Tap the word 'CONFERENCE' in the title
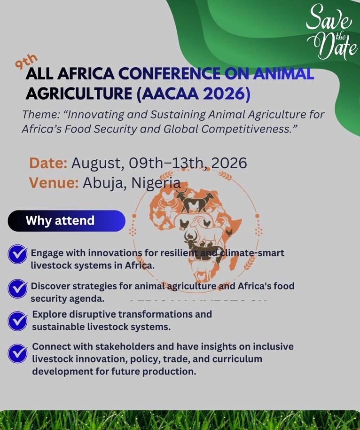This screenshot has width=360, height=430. pyautogui.click(x=170, y=74)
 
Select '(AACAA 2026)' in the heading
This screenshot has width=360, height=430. pyautogui.click(x=193, y=94)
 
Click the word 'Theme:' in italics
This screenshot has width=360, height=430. pyautogui.click(x=40, y=114)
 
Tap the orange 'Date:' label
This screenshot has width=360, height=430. pyautogui.click(x=48, y=163)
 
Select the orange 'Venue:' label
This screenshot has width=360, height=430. pyautogui.click(x=54, y=183)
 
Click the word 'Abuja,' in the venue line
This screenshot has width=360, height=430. pyautogui.click(x=105, y=183)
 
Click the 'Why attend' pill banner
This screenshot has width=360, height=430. pyautogui.click(x=66, y=221)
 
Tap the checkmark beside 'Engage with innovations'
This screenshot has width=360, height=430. pyautogui.click(x=17, y=254)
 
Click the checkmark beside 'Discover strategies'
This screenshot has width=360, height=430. pyautogui.click(x=17, y=289)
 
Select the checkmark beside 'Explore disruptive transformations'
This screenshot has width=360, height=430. pyautogui.click(x=17, y=321)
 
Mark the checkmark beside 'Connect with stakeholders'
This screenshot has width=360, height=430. pyautogui.click(x=17, y=353)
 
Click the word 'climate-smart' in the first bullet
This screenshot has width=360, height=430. pyautogui.click(x=252, y=253)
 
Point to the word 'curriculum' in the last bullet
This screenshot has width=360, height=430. pyautogui.click(x=237, y=359)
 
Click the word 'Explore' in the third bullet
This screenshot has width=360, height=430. pyautogui.click(x=49, y=314)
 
